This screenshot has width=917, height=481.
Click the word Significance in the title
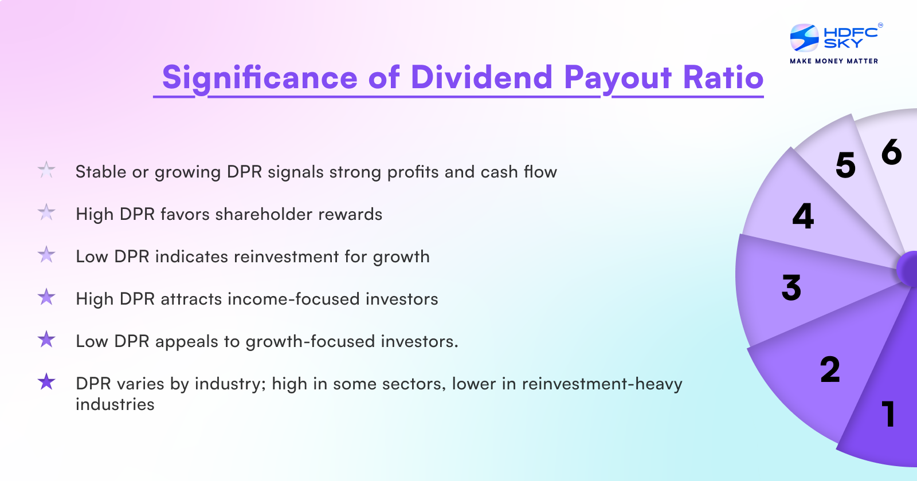pyautogui.click(x=260, y=78)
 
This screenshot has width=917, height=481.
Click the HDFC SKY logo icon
pyautogui.click(x=804, y=38)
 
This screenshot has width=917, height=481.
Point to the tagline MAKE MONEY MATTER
pyautogui.click(x=834, y=61)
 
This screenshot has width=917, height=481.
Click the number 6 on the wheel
pyautogui.click(x=891, y=152)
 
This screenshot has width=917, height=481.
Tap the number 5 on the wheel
pyautogui.click(x=845, y=165)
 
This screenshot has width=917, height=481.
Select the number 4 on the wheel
pyautogui.click(x=803, y=216)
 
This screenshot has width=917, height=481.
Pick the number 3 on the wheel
pyautogui.click(x=791, y=287)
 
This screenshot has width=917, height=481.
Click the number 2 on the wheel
pyautogui.click(x=830, y=369)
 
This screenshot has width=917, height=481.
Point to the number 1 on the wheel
pyautogui.click(x=888, y=414)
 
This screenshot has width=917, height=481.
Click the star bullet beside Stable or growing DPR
pyautogui.click(x=46, y=170)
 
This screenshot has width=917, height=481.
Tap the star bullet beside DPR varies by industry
pyautogui.click(x=46, y=381)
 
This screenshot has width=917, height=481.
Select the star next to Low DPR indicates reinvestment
pyautogui.click(x=46, y=255)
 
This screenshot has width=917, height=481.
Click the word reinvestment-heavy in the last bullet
pyautogui.click(x=602, y=384)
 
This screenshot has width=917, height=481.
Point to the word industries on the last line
pyautogui.click(x=115, y=404)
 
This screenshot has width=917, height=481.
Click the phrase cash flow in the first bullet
pyautogui.click(x=519, y=172)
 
